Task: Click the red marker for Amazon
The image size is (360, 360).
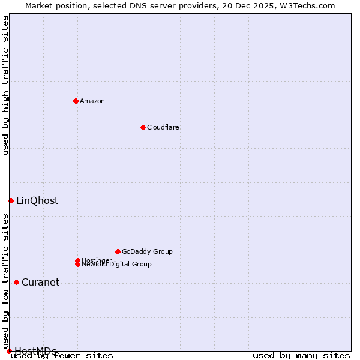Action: coord(76,101)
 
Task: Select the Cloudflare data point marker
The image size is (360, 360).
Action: coord(143,127)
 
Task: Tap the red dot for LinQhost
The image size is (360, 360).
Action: coord(11,200)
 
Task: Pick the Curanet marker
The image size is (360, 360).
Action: coord(16,282)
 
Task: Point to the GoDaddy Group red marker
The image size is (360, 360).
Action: coord(118,251)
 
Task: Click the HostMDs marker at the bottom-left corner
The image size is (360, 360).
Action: coord(9,351)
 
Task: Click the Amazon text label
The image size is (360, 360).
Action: coord(92,101)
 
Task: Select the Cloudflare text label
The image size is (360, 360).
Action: coord(163,127)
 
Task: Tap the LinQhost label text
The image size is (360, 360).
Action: coord(37,200)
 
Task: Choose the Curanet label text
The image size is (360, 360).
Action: coord(40,282)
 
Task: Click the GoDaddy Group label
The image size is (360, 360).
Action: coord(147,251)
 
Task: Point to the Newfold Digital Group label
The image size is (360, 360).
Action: coord(116,264)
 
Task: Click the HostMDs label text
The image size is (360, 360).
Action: coord(35,351)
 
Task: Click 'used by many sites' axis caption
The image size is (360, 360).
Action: coord(301,355)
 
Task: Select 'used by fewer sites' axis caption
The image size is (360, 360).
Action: coord(62,355)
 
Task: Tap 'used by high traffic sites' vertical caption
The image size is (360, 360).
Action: coord(5,85)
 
